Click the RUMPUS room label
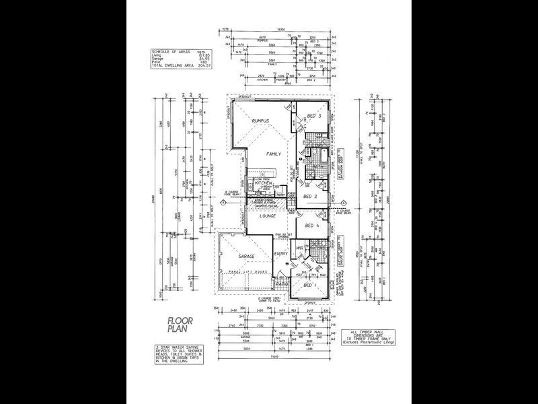260,121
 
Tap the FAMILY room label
273,154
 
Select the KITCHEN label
263,183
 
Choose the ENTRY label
282,254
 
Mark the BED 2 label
310,196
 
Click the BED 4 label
311,226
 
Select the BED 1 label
309,286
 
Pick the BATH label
316,166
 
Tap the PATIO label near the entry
282,284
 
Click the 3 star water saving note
178,354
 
